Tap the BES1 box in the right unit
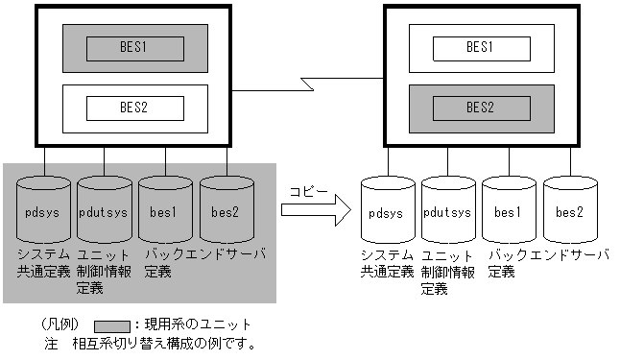(x=481, y=46)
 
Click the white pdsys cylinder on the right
(x=388, y=211)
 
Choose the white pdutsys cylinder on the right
(x=448, y=211)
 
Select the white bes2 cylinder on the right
(x=570, y=211)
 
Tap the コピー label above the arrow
(x=310, y=193)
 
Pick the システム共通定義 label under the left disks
(x=43, y=262)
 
